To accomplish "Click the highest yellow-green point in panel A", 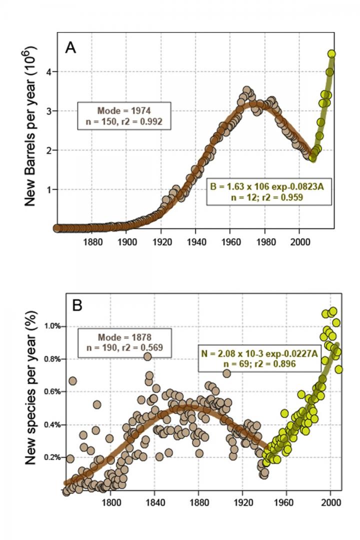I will (x=331, y=54).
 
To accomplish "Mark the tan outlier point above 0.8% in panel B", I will (x=147, y=356).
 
